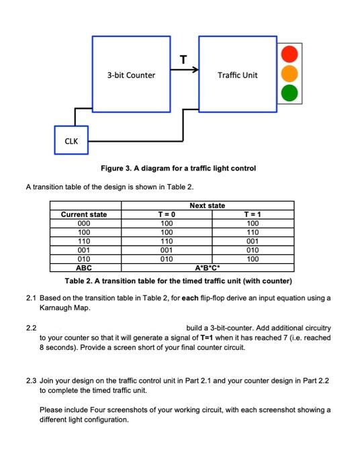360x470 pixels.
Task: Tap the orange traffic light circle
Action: [288, 74]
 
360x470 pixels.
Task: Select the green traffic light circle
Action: [288, 93]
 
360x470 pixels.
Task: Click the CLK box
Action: [71, 141]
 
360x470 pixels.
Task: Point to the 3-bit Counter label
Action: [131, 75]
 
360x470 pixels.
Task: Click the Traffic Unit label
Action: [237, 75]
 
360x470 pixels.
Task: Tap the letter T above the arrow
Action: [183, 58]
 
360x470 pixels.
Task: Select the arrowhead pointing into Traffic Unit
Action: [195, 69]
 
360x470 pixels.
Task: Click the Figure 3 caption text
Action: [178, 167]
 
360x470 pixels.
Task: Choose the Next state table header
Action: [208, 205]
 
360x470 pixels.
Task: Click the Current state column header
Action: [84, 214]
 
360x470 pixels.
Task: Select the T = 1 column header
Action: [253, 214]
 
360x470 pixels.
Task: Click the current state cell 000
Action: [84, 223]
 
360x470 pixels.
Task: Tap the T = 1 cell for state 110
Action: [253, 240]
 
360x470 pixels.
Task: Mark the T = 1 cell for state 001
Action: [253, 249]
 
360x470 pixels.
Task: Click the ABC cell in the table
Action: [84, 267]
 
